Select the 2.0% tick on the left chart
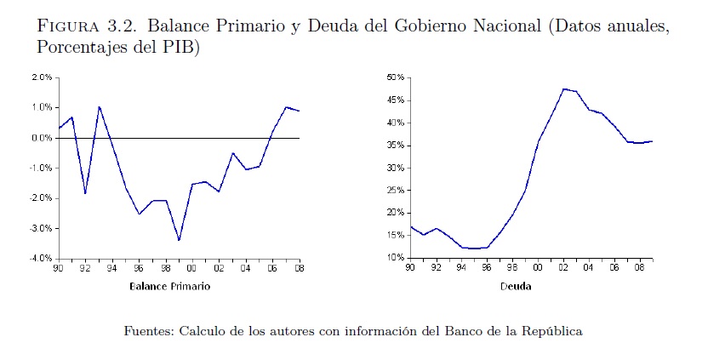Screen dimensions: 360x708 42,77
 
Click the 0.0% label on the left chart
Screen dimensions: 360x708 42,138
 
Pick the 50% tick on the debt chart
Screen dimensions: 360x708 397,77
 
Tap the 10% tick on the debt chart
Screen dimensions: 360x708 397,258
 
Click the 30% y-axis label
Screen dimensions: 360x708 397,168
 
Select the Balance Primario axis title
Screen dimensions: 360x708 169,287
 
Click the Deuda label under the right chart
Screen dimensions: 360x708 515,287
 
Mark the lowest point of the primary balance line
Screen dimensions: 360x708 179,240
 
